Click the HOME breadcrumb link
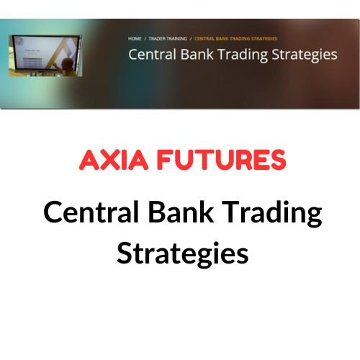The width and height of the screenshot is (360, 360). [x=135, y=37]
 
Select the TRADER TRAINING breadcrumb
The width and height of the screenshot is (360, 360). [x=168, y=37]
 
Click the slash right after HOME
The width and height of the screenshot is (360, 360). [x=145, y=37]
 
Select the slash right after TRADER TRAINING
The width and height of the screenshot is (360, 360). [x=192, y=37]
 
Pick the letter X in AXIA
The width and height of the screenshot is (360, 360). [x=109, y=160]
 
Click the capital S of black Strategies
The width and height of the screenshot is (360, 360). [x=124, y=253]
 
